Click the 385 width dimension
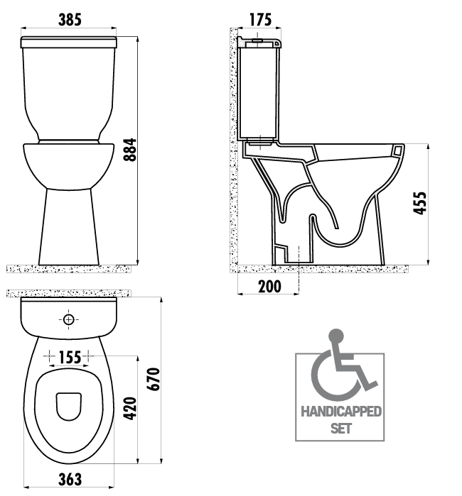[70, 20]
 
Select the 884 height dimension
[130, 150]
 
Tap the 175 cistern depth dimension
[260, 20]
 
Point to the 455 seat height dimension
[420, 203]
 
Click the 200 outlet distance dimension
[269, 287]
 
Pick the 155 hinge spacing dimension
[70, 358]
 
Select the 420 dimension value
[130, 409]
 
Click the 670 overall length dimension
[154, 379]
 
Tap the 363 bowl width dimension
[70, 479]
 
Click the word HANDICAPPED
[341, 412]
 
